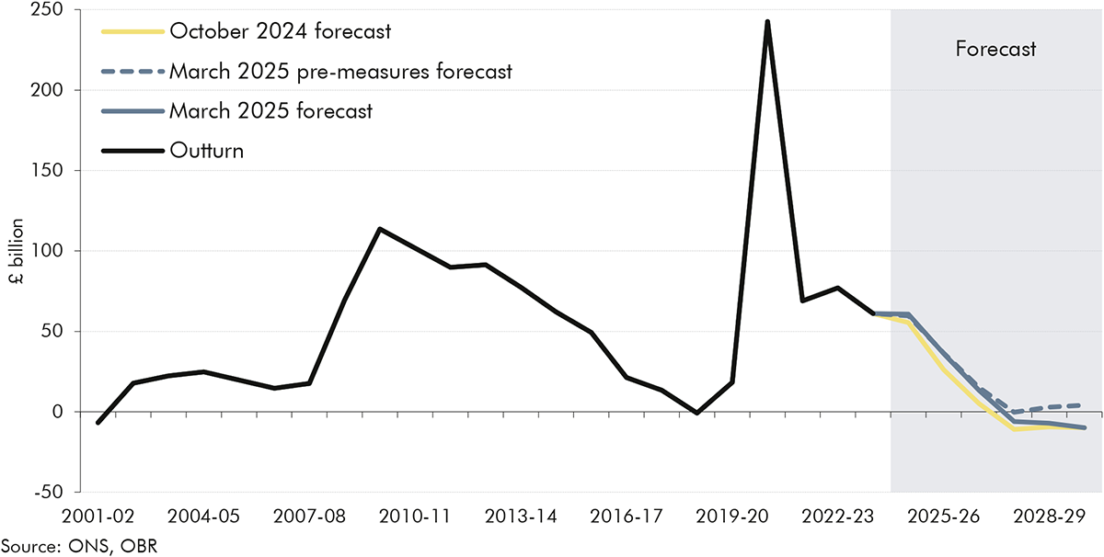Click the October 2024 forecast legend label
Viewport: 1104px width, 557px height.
click(x=279, y=31)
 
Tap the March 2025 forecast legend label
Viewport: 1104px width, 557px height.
click(x=270, y=111)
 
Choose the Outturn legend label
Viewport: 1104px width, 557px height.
click(x=206, y=151)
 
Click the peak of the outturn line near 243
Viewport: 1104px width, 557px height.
click(x=767, y=21)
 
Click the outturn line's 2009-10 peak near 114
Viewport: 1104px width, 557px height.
click(x=380, y=229)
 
